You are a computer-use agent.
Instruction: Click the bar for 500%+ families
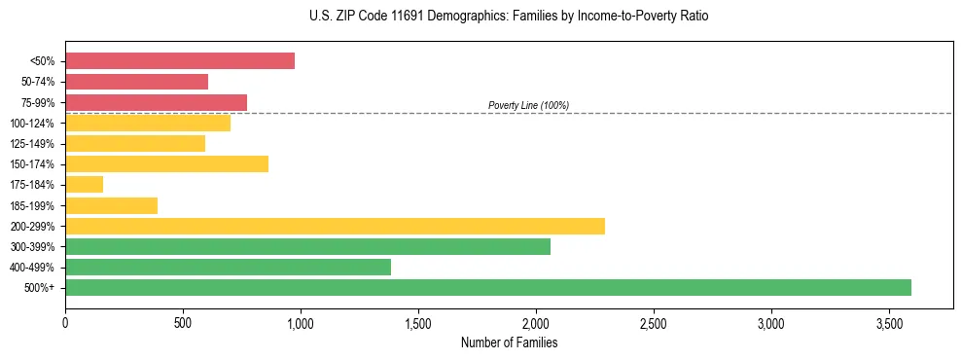(487, 287)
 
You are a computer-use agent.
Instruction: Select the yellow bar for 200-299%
(335, 226)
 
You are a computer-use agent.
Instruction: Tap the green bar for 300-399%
(307, 246)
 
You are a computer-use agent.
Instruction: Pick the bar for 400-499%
(228, 267)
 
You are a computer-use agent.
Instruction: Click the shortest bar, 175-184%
(84, 184)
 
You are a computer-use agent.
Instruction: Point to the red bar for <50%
(180, 60)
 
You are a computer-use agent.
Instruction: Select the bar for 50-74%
(136, 82)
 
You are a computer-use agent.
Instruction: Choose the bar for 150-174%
(166, 163)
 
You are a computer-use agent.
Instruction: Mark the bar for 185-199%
(111, 205)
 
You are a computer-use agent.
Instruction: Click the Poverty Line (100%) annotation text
(528, 105)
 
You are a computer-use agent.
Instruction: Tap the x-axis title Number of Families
(509, 342)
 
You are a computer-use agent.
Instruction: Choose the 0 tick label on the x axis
(65, 321)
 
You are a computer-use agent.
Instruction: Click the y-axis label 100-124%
(35, 123)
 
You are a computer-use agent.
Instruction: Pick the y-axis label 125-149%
(35, 143)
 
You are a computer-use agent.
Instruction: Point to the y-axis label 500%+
(41, 287)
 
